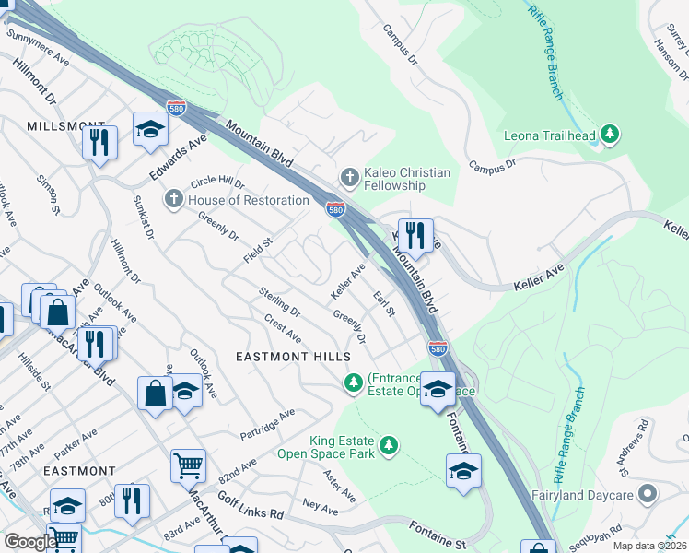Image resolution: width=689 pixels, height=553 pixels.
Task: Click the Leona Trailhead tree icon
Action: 608,136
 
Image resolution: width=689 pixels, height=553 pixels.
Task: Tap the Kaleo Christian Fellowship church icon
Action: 349,176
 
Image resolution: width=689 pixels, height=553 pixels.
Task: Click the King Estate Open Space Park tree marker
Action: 390,447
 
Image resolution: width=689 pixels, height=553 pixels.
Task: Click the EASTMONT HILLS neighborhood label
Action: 293,356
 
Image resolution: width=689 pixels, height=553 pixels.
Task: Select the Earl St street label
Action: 384,304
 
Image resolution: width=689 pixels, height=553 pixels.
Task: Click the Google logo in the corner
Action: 29,542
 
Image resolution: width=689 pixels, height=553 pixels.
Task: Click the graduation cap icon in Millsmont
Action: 150,129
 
